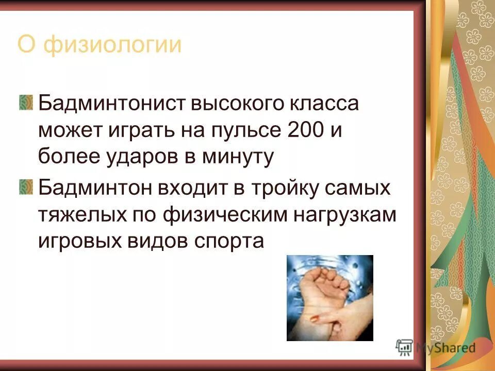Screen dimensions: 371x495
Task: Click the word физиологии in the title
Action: (x=113, y=45)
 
